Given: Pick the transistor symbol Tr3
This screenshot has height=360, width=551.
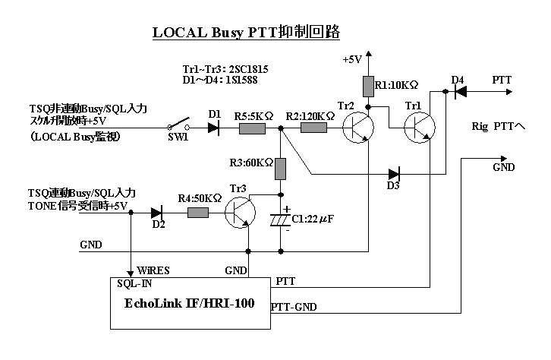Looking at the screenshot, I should [241, 215].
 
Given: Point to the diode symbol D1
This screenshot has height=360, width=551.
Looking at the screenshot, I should [214, 129].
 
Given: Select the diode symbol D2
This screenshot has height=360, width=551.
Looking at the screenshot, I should [158, 213].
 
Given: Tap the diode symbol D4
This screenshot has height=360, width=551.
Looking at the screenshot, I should [457, 91].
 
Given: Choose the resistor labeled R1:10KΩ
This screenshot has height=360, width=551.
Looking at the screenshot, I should [367, 86].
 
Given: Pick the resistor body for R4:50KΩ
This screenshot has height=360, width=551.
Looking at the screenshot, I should [197, 213].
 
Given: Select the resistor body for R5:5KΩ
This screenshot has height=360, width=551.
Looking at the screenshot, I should [251, 129].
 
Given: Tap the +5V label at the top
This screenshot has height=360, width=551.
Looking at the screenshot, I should [353, 58].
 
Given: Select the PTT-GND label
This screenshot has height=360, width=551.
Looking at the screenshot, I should [294, 307].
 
